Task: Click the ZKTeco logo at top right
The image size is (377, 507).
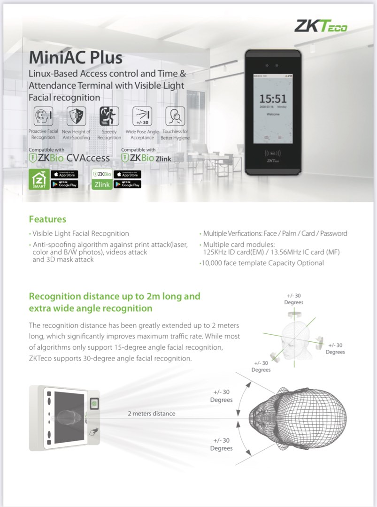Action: tap(321, 26)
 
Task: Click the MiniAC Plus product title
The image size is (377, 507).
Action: tap(76, 58)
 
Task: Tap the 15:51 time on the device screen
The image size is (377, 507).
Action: tap(273, 99)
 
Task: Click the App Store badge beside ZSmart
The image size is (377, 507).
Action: tap(64, 175)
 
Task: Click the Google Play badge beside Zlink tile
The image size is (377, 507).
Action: tap(127, 184)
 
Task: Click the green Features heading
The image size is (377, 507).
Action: tap(47, 219)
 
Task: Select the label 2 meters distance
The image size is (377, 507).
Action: tap(152, 414)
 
